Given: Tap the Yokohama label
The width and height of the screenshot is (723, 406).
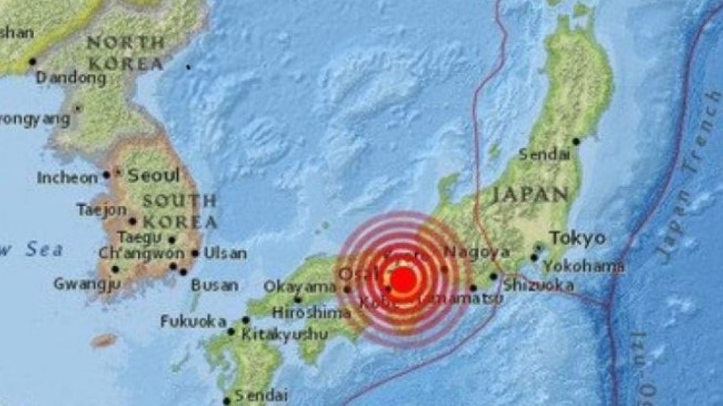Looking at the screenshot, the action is (x=583, y=266).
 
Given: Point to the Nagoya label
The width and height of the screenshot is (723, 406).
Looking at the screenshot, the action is (x=476, y=252).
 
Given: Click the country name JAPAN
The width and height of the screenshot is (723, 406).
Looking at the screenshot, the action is (x=529, y=195).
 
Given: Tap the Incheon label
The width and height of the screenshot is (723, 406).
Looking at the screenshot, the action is (x=67, y=178).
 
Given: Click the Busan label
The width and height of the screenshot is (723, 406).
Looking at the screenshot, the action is (x=214, y=285).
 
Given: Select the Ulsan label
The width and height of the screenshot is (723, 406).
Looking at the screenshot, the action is (x=225, y=254).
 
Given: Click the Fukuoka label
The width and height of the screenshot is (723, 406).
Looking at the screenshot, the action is (x=193, y=321).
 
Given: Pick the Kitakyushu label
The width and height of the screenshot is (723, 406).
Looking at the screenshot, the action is (x=284, y=334).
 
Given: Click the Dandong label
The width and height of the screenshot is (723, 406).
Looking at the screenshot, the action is (x=71, y=78).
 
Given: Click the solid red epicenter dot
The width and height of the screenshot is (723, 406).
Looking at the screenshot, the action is (x=403, y=280).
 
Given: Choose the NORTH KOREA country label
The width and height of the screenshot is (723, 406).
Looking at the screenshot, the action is (x=125, y=52).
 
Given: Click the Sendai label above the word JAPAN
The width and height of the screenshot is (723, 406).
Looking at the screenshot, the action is (x=544, y=154).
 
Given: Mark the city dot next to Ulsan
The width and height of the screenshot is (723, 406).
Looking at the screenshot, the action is (x=195, y=253).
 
